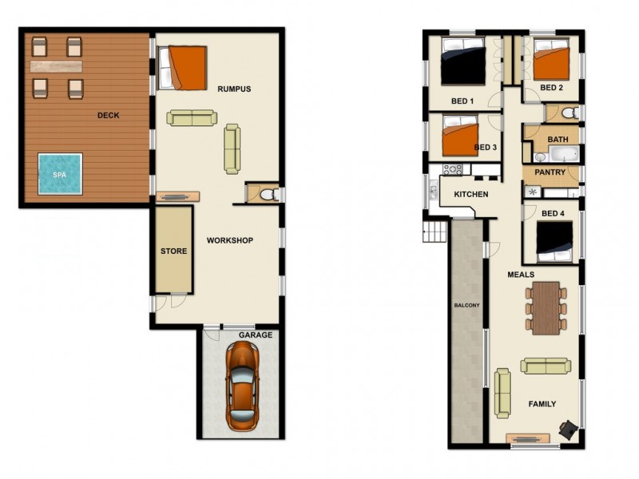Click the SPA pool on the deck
(x=59, y=173)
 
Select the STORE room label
(x=173, y=251)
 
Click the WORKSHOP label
(x=230, y=240)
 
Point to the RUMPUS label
(x=234, y=89)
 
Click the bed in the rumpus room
(x=186, y=68)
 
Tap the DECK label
(x=108, y=115)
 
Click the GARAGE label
(x=256, y=335)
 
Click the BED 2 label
(x=552, y=88)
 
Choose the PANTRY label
(x=550, y=172)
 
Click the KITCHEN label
(x=471, y=195)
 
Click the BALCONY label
(x=466, y=306)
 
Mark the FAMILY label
(x=542, y=404)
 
